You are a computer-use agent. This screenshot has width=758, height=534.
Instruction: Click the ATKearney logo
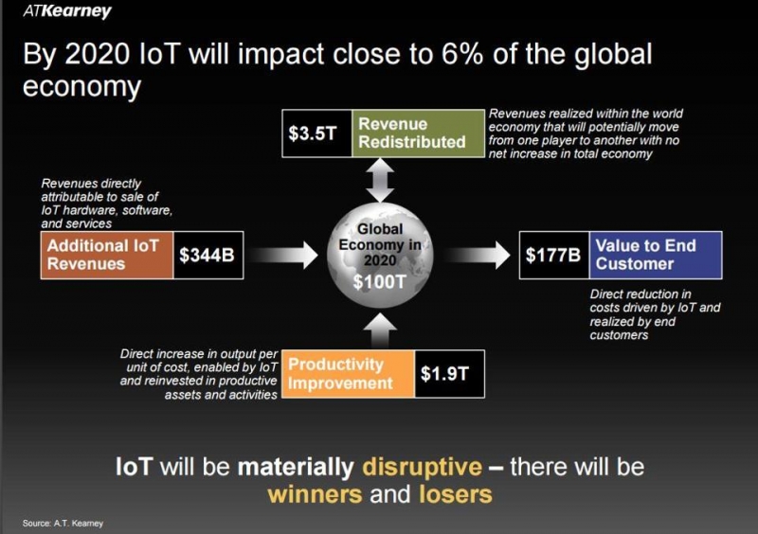click(x=67, y=11)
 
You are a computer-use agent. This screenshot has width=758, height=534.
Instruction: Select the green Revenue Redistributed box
click(x=418, y=133)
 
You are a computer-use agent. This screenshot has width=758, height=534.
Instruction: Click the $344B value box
click(x=208, y=255)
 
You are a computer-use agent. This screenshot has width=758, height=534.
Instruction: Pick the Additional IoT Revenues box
click(x=107, y=255)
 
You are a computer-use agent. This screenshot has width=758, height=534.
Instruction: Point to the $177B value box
click(x=554, y=255)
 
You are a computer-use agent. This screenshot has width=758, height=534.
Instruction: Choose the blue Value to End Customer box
click(x=656, y=255)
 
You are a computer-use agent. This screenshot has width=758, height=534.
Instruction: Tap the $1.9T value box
click(x=449, y=374)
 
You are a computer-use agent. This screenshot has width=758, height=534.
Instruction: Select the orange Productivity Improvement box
click(x=348, y=374)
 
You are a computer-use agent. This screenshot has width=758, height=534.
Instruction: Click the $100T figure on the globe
click(x=380, y=282)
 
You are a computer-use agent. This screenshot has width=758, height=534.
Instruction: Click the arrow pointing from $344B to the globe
click(x=284, y=255)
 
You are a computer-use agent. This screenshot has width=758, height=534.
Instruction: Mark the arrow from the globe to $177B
click(x=477, y=255)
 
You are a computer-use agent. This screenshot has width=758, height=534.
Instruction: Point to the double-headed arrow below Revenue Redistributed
click(x=380, y=180)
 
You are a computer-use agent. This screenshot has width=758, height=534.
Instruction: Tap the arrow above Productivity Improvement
click(x=380, y=330)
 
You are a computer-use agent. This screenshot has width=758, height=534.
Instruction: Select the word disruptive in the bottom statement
click(x=422, y=467)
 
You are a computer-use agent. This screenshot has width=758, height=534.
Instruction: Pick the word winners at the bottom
click(x=315, y=494)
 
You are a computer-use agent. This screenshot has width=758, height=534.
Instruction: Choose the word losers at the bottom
click(x=456, y=494)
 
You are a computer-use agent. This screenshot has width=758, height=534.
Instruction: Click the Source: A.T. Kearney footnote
click(x=63, y=524)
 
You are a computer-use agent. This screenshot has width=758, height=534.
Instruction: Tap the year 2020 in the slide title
click(x=98, y=54)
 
